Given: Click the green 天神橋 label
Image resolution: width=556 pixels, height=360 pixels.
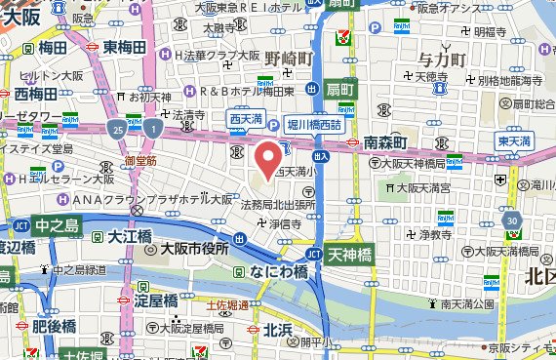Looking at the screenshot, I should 350,255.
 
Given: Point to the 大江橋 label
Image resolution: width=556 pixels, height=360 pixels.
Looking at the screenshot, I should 130,236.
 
